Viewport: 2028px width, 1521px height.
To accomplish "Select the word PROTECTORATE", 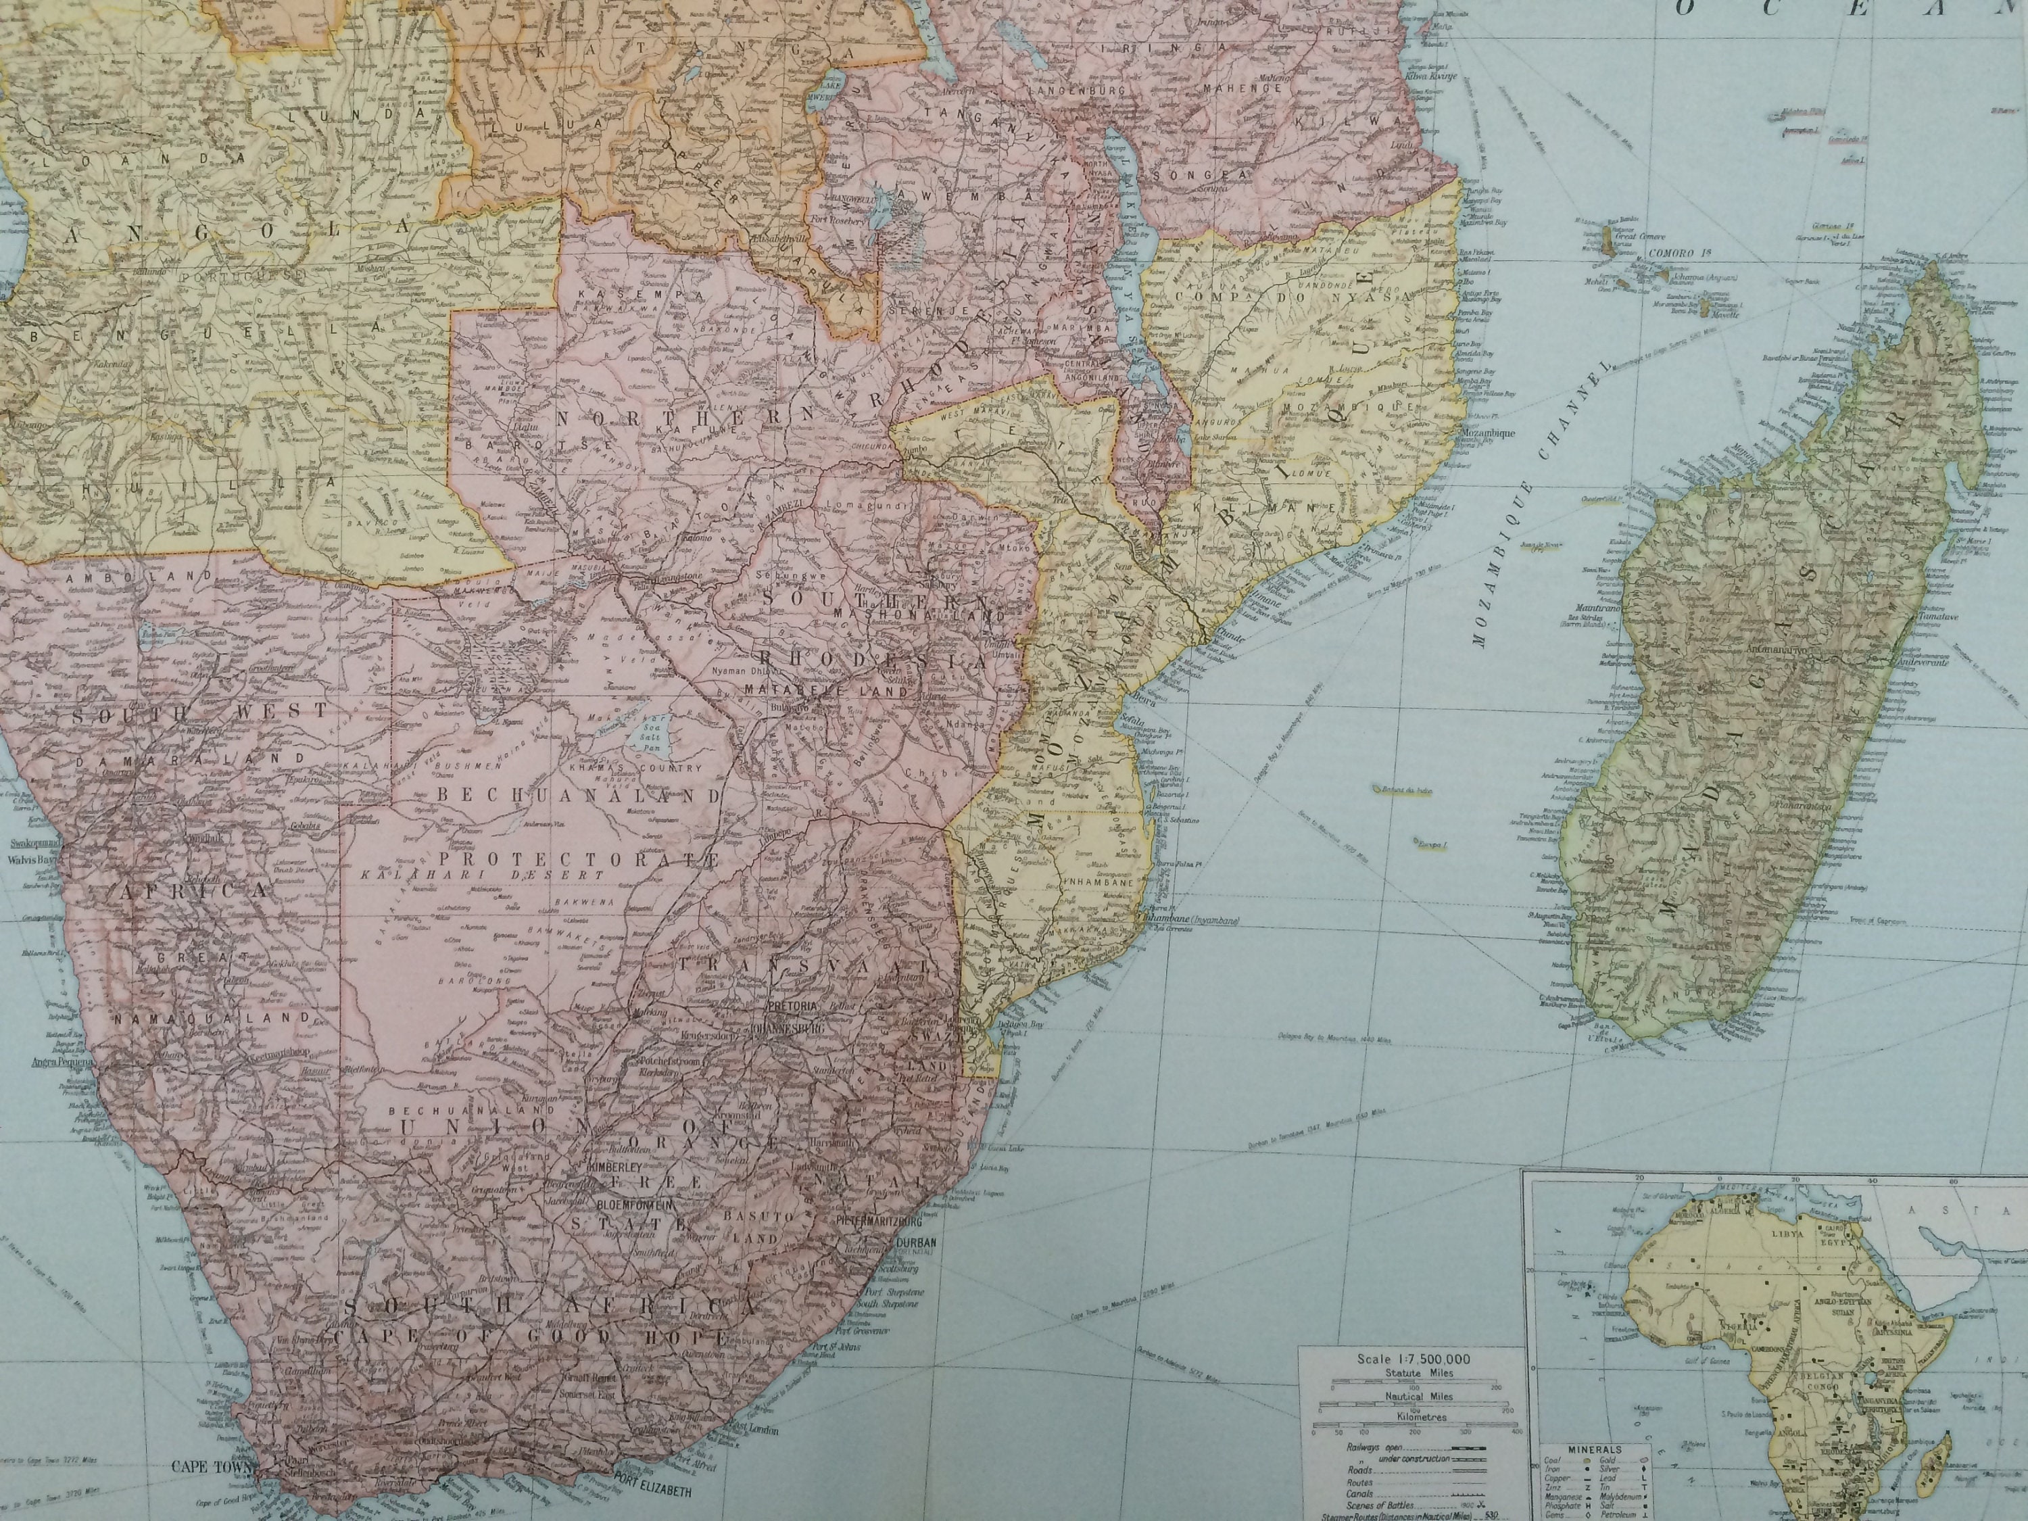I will [x=577, y=859].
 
